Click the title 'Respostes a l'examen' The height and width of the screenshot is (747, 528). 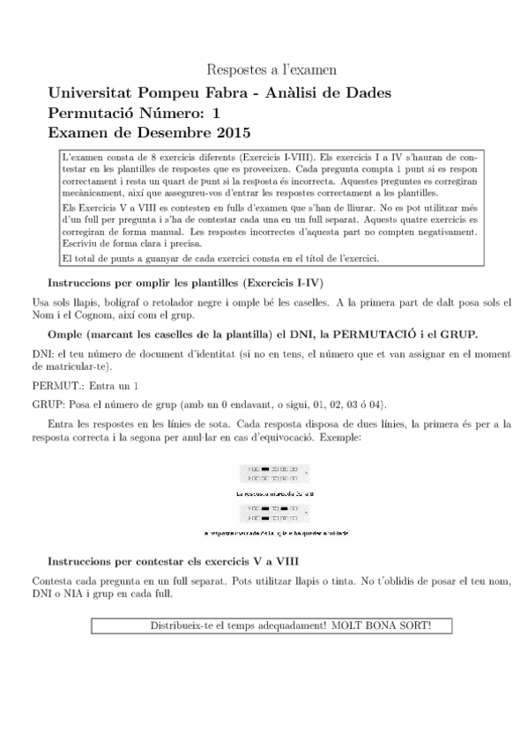[x=271, y=69]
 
